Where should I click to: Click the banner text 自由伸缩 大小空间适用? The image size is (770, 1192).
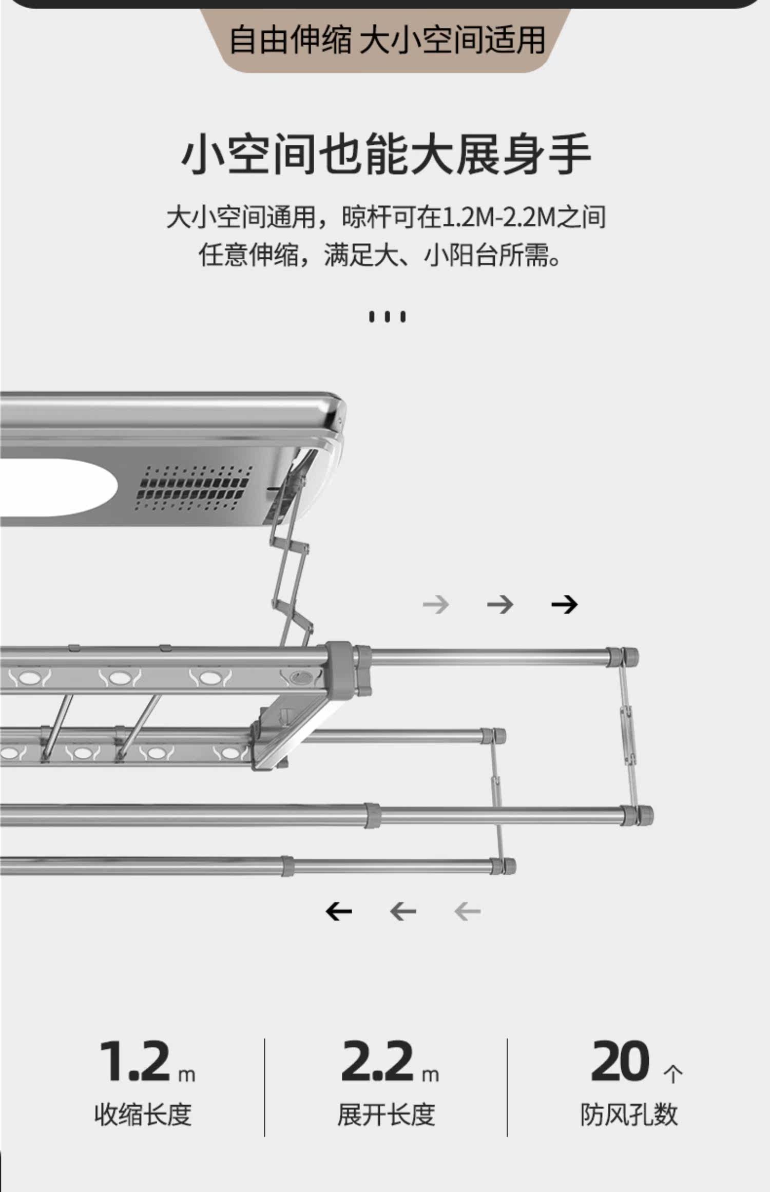tap(387, 40)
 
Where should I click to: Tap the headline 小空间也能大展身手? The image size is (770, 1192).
tap(386, 153)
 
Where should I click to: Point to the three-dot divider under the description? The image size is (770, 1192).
tap(387, 317)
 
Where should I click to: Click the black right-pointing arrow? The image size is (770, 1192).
tap(564, 605)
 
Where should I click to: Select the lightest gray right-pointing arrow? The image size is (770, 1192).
tap(436, 605)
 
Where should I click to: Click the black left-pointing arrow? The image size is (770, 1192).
tap(339, 912)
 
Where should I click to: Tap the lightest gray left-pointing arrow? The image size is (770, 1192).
tap(467, 912)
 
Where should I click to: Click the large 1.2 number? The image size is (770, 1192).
tap(134, 1061)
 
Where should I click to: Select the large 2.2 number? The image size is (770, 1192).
tap(377, 1061)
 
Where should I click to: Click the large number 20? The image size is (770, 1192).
tap(620, 1061)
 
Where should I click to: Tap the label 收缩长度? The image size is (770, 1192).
tap(143, 1114)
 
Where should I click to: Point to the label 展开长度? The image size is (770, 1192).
tap(386, 1114)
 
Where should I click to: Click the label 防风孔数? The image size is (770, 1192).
tap(629, 1114)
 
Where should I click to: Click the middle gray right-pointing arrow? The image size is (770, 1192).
tap(500, 605)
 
